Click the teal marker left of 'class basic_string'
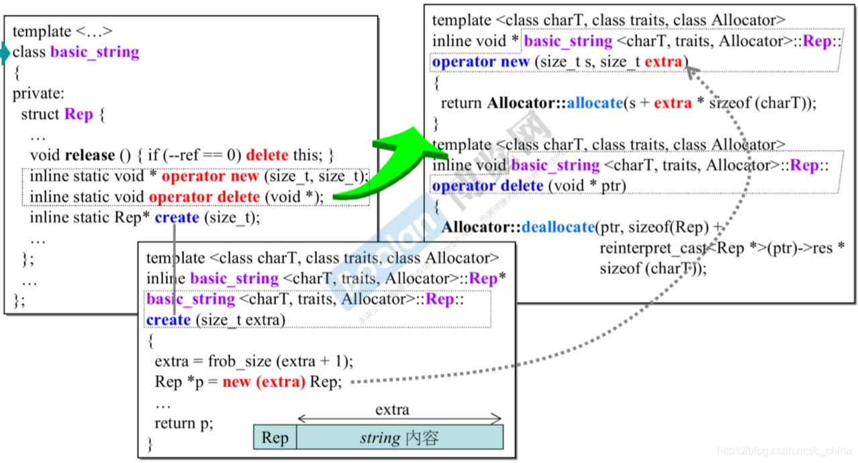pyautogui.click(x=5, y=53)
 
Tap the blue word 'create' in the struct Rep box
pyautogui.click(x=177, y=218)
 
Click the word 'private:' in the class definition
pyautogui.click(x=38, y=93)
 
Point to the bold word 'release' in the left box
pyautogui.click(x=90, y=155)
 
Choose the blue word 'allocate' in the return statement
pyautogui.click(x=595, y=103)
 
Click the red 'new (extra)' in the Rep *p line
pyautogui.click(x=264, y=382)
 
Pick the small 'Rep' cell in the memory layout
pyautogui.click(x=275, y=438)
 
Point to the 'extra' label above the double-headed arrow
pyautogui.click(x=392, y=409)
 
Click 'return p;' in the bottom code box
pyautogui.click(x=184, y=423)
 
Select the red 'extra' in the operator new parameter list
pyautogui.click(x=663, y=62)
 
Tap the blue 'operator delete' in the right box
pyautogui.click(x=488, y=185)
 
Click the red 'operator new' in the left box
pyautogui.click(x=210, y=176)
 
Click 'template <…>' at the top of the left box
pyautogui.click(x=62, y=32)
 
